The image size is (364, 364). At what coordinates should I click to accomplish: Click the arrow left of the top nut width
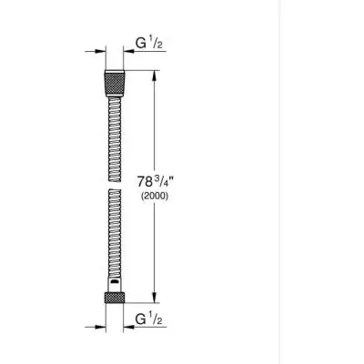tap(94, 52)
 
